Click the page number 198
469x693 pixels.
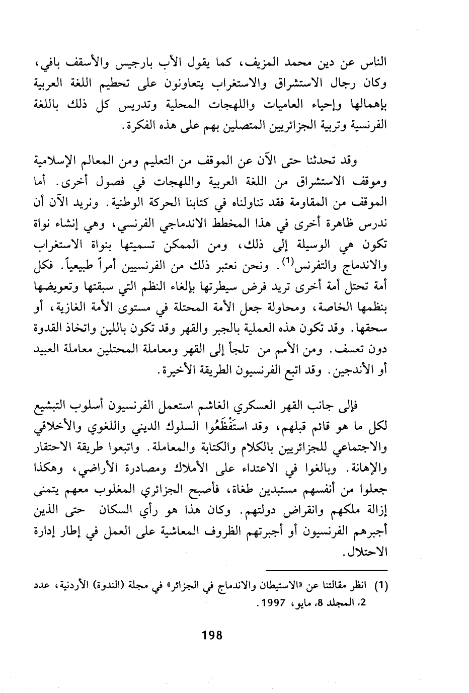(211, 635)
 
